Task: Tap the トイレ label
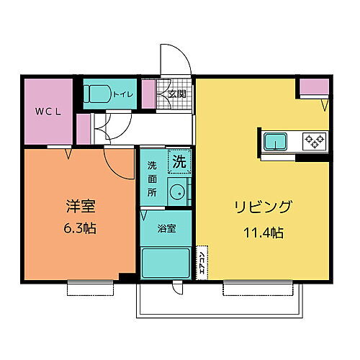coord(121,94)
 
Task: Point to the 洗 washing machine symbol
coord(179,162)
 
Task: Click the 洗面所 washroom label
coord(152,179)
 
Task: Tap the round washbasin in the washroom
coord(176,192)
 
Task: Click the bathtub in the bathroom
coord(166,263)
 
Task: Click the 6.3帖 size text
coord(80,230)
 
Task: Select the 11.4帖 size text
coord(262,232)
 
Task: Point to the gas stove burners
coord(315,140)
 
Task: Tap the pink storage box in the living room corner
coord(313,87)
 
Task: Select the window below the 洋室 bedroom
coord(91,288)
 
